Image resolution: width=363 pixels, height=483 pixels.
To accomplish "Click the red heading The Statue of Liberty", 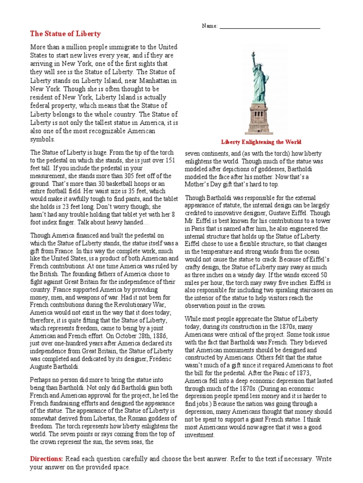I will (x=65, y=34).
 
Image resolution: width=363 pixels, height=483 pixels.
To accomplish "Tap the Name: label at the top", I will (x=209, y=26).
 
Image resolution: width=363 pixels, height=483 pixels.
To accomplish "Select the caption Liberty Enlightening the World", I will (x=261, y=142).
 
